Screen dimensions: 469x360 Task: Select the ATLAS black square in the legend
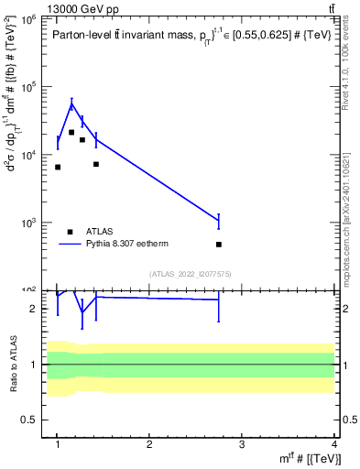(70, 232)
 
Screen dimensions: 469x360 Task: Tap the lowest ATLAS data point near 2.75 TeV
(219, 245)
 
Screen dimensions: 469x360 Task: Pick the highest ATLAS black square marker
(71, 132)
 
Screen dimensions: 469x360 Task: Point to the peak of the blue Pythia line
(71, 104)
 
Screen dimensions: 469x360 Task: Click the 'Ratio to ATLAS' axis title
(11, 365)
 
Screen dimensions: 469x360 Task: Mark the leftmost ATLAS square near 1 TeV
(58, 167)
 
